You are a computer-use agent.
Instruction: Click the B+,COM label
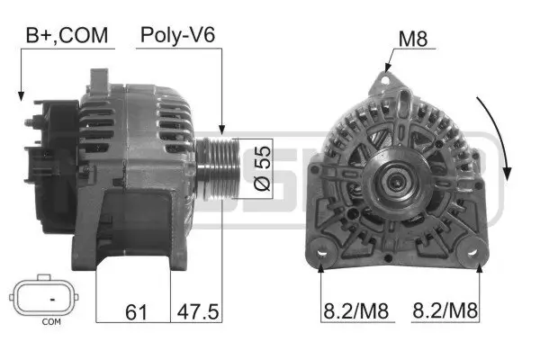pyautogui.click(x=66, y=36)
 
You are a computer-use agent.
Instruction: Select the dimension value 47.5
pyautogui.click(x=197, y=311)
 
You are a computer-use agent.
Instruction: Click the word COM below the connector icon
pyautogui.click(x=51, y=321)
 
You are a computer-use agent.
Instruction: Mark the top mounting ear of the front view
pyautogui.click(x=384, y=82)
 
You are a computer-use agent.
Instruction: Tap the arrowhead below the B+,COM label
pyautogui.click(x=20, y=94)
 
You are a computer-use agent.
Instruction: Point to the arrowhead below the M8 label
pyautogui.click(x=384, y=69)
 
